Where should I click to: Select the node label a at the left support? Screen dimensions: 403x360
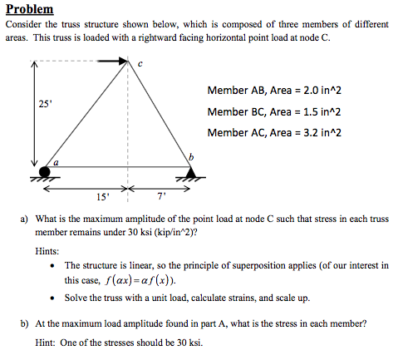click(57, 164)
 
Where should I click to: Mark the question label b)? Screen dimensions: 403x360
click(26, 320)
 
